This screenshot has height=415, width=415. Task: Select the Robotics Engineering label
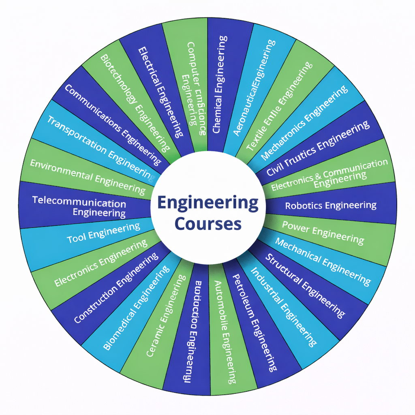[x=331, y=205]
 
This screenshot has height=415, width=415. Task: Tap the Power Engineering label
[x=323, y=232]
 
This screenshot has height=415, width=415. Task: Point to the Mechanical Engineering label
[x=323, y=261]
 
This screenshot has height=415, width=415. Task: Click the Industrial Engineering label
[x=282, y=306]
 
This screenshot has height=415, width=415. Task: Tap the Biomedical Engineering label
[x=136, y=308]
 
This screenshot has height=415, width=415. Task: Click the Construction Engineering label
[x=116, y=288]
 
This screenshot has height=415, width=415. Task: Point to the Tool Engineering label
[x=103, y=233]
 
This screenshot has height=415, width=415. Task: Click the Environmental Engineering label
[x=88, y=175]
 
